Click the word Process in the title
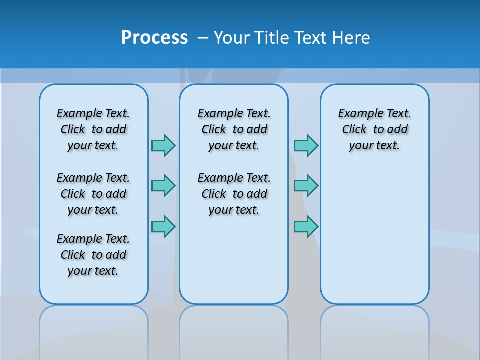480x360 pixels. pyautogui.click(x=154, y=38)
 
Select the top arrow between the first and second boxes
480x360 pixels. pyautogui.click(x=163, y=145)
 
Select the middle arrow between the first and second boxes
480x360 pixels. pyautogui.click(x=163, y=186)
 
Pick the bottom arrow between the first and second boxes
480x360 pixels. pyautogui.click(x=163, y=226)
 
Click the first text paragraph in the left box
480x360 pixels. pyautogui.click(x=93, y=129)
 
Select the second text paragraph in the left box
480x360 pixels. pyautogui.click(x=93, y=194)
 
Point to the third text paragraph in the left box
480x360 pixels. pyautogui.click(x=93, y=255)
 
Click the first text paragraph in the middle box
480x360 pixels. pyautogui.click(x=234, y=129)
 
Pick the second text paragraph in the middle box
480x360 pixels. pyautogui.click(x=234, y=194)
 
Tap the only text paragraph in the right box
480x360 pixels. pyautogui.click(x=375, y=129)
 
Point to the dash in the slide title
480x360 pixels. pyautogui.click(x=203, y=38)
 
